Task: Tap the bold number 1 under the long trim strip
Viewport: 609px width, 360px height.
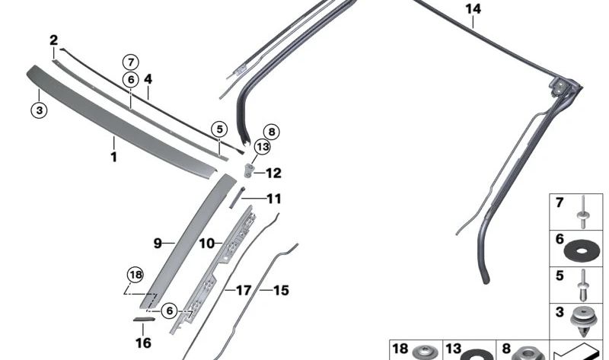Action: [113, 158]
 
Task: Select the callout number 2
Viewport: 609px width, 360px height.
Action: [53, 40]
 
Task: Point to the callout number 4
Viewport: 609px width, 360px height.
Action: [148, 78]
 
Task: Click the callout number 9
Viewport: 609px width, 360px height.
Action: [158, 244]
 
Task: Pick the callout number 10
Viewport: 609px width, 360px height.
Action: [206, 244]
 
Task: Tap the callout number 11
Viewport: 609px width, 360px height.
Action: [273, 199]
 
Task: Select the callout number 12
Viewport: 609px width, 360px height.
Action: [273, 173]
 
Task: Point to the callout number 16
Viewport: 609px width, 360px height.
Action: [143, 343]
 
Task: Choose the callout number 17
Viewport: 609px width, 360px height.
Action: [243, 290]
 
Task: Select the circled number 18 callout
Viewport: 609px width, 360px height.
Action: [135, 275]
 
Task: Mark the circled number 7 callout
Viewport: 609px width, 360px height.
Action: [131, 61]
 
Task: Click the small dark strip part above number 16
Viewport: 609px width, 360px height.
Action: [143, 320]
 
